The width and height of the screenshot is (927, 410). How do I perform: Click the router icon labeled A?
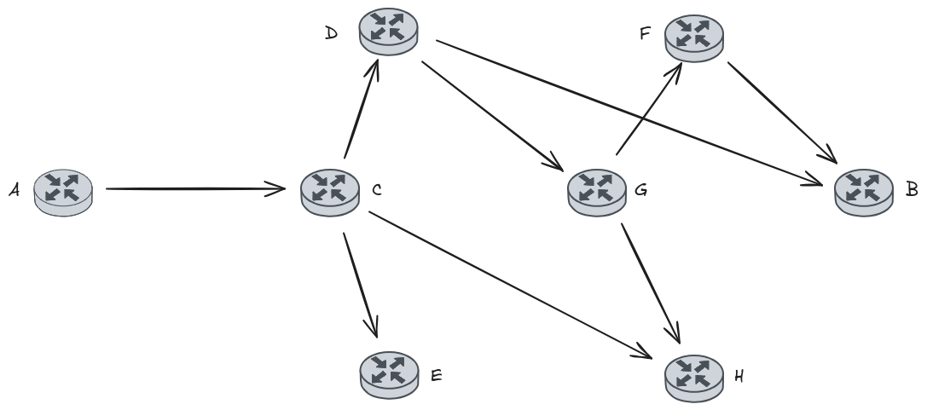coord(62,190)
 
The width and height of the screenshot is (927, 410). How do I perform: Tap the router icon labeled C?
coord(329,190)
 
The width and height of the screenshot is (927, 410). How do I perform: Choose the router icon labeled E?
coord(389,372)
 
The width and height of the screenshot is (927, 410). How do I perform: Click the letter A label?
coord(14,191)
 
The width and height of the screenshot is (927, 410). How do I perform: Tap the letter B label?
coord(912,188)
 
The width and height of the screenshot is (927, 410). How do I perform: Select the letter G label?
coord(641,190)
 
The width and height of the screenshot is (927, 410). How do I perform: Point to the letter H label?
coord(739,374)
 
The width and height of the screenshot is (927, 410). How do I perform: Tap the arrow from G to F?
coord(647,112)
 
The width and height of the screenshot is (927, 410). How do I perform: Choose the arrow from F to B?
coord(780,111)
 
